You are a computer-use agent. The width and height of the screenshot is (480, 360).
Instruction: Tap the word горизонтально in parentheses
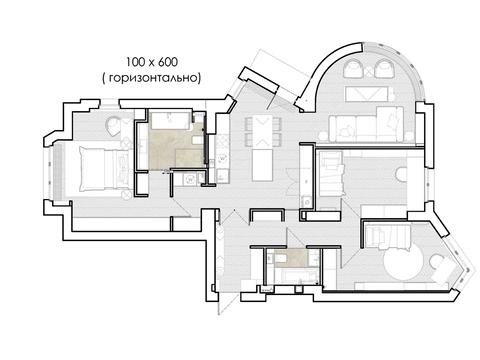153,78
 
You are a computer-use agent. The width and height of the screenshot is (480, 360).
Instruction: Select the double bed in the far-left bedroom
105,169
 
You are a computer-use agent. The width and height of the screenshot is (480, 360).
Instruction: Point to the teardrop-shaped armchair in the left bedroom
114,126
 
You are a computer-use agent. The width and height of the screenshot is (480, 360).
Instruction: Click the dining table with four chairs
264,132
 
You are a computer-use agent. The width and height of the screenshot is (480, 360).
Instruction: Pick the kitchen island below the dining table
263,165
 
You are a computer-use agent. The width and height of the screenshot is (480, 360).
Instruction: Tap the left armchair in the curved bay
354,68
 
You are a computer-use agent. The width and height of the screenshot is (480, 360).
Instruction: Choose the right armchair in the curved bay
385,68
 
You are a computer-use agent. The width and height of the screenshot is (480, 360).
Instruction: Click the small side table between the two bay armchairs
369,71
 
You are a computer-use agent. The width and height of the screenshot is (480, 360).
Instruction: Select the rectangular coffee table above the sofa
367,94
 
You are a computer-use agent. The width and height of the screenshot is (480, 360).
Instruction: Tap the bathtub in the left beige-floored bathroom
170,121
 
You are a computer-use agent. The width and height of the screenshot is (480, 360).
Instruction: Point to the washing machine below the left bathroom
190,179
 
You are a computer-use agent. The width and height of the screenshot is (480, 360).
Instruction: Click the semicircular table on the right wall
401,174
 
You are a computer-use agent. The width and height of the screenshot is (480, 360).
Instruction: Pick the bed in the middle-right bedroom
332,173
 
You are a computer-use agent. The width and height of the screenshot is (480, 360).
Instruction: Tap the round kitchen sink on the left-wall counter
222,157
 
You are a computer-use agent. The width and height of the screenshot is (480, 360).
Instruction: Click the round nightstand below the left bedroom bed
127,195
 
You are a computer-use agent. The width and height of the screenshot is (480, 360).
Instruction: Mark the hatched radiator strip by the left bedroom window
58,171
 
